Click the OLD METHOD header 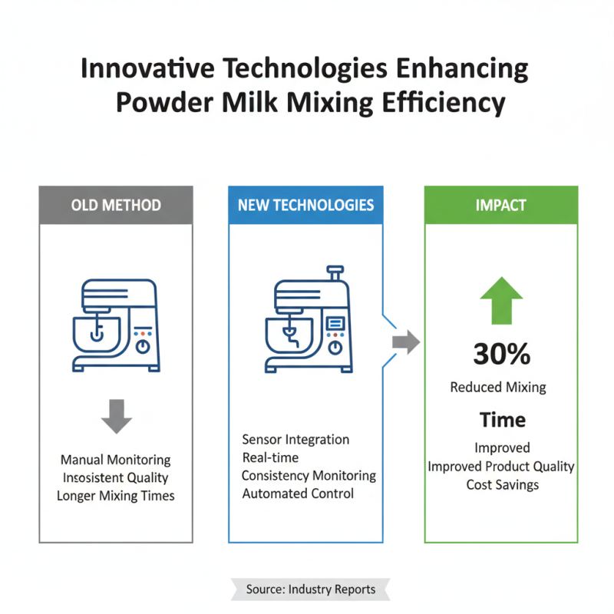[116, 205]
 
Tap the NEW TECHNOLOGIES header [305, 205]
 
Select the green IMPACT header [500, 205]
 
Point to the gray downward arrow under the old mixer [117, 415]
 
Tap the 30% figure [501, 354]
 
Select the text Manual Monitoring [116, 460]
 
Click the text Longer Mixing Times [116, 496]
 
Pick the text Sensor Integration [295, 440]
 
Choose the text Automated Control [299, 494]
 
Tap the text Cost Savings [502, 484]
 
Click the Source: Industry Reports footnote [311, 589]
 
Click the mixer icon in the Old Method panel [117, 325]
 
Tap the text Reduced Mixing [498, 387]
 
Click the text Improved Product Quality [501, 466]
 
